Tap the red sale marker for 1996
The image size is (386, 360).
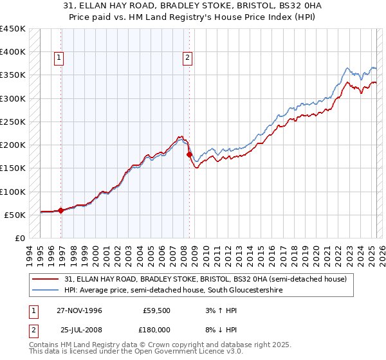tap(61, 210)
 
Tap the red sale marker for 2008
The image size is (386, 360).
tap(189, 154)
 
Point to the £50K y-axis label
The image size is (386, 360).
tap(15, 215)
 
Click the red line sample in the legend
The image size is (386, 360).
tap(46, 279)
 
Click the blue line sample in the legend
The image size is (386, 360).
tap(46, 291)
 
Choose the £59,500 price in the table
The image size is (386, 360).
tap(157, 310)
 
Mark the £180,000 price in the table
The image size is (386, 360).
tap(157, 329)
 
